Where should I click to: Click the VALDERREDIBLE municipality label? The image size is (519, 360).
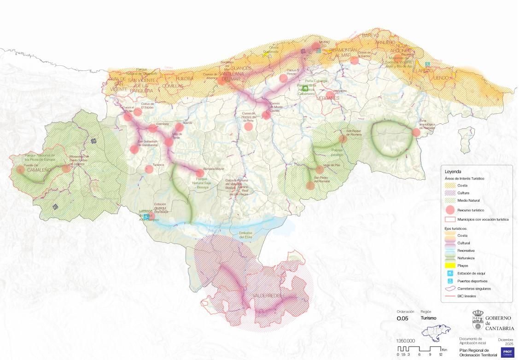pyautogui.click(x=268, y=295)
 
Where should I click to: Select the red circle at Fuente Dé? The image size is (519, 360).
pyautogui.click(x=20, y=169)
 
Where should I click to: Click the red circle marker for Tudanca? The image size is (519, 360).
pyautogui.click(x=149, y=169)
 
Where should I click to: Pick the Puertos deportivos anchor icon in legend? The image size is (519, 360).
pyautogui.click(x=450, y=281)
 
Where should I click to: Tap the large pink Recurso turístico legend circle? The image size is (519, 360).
pyautogui.click(x=450, y=209)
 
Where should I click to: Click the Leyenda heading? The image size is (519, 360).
pyautogui.click(x=453, y=171)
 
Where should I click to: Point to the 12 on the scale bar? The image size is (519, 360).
pyautogui.click(x=441, y=354)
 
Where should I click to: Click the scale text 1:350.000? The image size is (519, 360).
pyautogui.click(x=406, y=341)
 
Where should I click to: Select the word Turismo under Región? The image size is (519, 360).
pyautogui.click(x=429, y=318)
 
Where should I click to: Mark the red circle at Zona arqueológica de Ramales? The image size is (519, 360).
pyautogui.click(x=416, y=133)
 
